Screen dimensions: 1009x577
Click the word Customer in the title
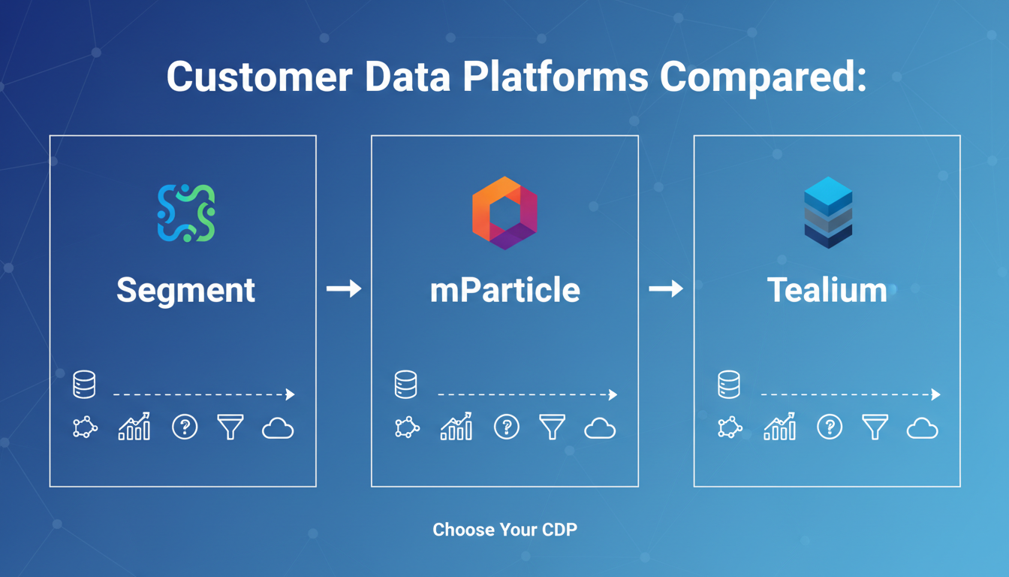click(x=260, y=77)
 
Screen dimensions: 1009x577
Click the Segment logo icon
click(x=186, y=213)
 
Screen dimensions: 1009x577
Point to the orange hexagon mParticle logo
click(x=505, y=213)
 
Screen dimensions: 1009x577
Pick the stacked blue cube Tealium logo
click(x=828, y=213)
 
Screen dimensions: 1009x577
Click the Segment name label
click(x=185, y=291)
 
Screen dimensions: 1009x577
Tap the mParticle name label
click(x=505, y=290)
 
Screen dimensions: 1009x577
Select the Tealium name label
click(x=827, y=290)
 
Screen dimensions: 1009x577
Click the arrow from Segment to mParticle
click(x=344, y=288)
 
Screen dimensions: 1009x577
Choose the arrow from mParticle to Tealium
click(x=666, y=288)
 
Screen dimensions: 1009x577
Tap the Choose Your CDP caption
click(x=505, y=530)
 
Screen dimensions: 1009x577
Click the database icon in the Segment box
click(x=84, y=385)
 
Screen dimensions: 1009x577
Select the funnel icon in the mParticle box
click(x=552, y=427)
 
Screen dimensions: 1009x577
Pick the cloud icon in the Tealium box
click(x=922, y=428)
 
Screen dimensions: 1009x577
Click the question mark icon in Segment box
click(x=185, y=427)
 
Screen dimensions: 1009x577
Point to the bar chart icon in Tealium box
click(x=780, y=426)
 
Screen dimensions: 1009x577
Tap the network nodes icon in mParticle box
click(x=407, y=427)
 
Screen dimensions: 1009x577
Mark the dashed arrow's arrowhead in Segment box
click(x=291, y=394)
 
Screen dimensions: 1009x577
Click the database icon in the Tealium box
click(x=729, y=385)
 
